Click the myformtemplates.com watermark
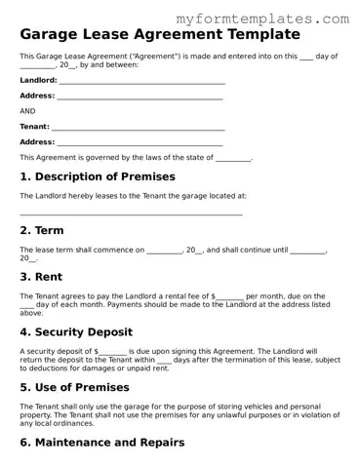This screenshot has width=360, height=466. (x=276, y=19)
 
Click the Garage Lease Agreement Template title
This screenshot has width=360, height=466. (x=152, y=36)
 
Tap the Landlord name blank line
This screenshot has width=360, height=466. (x=141, y=82)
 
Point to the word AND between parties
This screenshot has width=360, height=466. (x=27, y=111)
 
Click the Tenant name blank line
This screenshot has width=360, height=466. (x=138, y=128)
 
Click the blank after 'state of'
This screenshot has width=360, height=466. (x=233, y=159)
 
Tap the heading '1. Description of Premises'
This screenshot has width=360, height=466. (x=98, y=177)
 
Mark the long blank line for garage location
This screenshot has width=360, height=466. (x=131, y=214)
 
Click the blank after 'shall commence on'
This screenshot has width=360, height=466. (x=164, y=252)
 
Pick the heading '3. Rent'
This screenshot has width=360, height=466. (x=42, y=277)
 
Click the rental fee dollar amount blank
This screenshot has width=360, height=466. (x=229, y=296)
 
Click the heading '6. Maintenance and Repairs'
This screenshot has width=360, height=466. (x=102, y=443)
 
